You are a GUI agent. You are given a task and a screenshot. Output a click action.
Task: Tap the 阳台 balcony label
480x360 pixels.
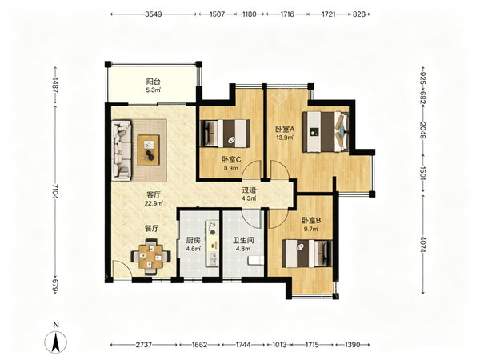tap(153, 82)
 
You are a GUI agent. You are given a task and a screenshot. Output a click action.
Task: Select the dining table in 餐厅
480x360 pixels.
tap(150, 257)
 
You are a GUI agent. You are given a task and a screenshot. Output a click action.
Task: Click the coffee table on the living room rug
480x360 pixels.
tap(149, 150)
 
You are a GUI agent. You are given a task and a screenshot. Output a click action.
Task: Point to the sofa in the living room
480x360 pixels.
tap(122, 150)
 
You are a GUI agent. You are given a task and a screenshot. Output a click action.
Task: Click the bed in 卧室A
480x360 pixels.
tap(326, 132)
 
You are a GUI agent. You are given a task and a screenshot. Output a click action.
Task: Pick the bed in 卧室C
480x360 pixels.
tap(224, 133)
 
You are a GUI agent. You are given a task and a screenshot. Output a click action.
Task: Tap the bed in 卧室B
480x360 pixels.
tap(307, 254)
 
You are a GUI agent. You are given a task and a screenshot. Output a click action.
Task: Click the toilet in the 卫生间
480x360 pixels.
tap(256, 261)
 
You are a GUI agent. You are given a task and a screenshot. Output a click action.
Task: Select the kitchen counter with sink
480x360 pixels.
tap(212, 243)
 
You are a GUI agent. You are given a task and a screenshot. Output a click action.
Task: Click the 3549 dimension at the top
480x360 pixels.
tap(154, 14)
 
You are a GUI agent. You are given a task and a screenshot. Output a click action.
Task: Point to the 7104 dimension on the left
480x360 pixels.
tap(55, 191)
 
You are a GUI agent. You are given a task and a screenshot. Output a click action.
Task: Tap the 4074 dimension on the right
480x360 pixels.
tap(422, 244)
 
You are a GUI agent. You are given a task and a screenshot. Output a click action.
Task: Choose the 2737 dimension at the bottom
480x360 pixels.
tap(143, 345)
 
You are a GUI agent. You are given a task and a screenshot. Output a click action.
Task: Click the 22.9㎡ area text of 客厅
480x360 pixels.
tap(154, 203)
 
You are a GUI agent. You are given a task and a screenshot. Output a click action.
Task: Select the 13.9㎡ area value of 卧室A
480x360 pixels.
tap(285, 138)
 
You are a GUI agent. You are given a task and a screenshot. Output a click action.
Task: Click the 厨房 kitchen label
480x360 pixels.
tap(193, 240)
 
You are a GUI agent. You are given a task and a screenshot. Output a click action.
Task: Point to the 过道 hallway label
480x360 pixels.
tap(249, 190)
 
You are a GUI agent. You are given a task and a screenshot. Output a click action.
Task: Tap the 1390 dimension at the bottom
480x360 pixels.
tap(352, 345)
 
